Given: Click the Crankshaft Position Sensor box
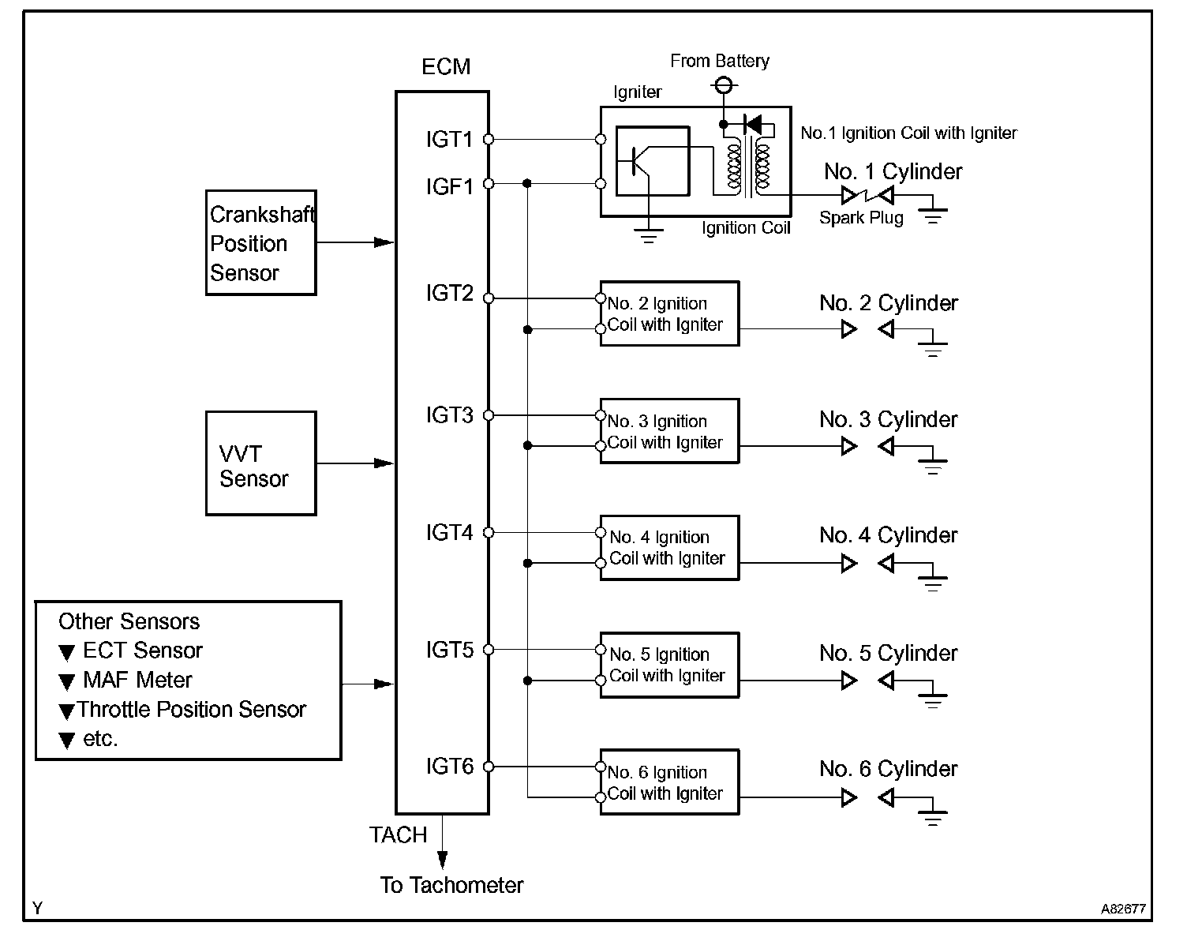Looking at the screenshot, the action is tap(261, 242).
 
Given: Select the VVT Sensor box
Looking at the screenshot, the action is tap(261, 463).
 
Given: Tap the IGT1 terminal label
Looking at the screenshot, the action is tap(449, 139).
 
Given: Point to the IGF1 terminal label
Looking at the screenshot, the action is tap(449, 186).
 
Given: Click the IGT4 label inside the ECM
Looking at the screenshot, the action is tap(449, 532).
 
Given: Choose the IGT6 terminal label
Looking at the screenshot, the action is tap(449, 766).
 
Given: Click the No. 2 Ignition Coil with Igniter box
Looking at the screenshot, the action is tap(670, 313).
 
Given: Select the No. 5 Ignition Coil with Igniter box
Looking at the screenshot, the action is tap(670, 665).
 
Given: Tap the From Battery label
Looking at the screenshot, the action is tap(720, 61).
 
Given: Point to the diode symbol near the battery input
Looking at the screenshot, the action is tap(753, 125).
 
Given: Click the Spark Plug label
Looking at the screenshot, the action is tap(861, 217).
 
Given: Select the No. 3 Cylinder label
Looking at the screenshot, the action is tap(888, 419).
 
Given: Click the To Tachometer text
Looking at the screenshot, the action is tap(451, 885).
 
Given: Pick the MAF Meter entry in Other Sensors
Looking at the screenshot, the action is tap(137, 680).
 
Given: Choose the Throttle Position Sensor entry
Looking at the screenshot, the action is tap(191, 709).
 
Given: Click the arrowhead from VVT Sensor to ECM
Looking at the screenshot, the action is tap(384, 463).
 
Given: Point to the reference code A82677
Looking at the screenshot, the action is tap(1123, 909).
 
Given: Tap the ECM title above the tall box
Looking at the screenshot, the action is tap(446, 66).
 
